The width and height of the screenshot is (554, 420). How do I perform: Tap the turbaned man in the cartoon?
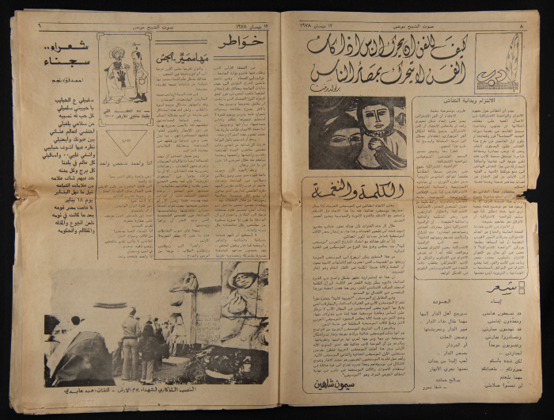coord(115,74)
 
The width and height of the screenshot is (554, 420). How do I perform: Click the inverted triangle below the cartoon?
coord(119,139)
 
